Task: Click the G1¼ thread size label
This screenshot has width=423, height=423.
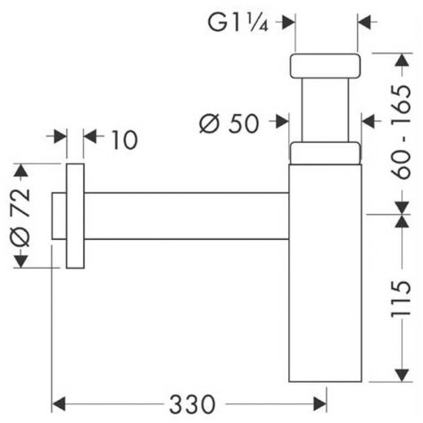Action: coord(238,23)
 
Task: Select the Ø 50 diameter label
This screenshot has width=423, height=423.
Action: coord(229,124)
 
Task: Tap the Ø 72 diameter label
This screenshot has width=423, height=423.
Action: coord(20,217)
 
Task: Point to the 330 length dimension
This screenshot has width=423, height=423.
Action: coord(192,404)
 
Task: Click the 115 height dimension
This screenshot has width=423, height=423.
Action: coord(401,298)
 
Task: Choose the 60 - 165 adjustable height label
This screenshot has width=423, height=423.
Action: coord(401,132)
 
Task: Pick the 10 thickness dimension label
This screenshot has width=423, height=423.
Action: coord(124,140)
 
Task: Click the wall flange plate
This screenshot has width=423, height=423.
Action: coord(75,216)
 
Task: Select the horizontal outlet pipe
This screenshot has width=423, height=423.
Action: coord(187,216)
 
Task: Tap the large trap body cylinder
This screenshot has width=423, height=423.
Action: coord(325,273)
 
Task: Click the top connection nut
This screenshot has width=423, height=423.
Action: coord(325,66)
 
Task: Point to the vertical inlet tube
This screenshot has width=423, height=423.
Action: coord(325,110)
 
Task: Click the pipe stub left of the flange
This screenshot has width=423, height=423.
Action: coord(59,216)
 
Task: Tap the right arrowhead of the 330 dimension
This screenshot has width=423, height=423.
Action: coord(320,404)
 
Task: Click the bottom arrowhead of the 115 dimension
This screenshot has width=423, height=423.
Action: coord(402,375)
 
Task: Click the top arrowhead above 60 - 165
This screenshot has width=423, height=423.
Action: coord(402,60)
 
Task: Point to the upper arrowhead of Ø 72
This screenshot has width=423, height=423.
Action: coord(21,170)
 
